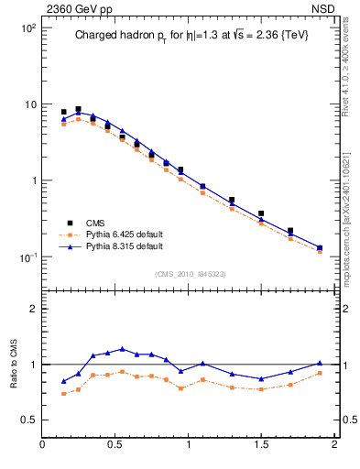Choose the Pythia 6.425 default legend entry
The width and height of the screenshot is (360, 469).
pos(111,234)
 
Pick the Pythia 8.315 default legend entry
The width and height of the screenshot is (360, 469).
pos(111,246)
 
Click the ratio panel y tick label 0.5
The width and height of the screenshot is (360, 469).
pos(27,420)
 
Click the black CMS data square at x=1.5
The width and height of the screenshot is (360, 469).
pos(261,213)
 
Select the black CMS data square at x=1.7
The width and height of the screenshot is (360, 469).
pos(290,231)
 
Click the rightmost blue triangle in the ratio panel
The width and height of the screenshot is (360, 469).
pos(320,363)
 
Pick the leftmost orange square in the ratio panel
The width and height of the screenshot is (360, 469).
pos(63,394)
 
